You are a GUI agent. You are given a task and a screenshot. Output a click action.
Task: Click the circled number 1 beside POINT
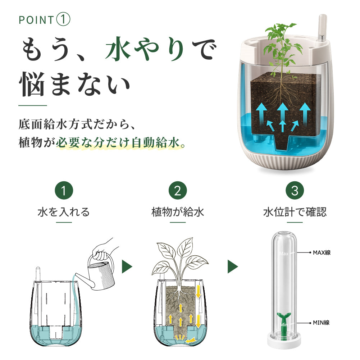[x=63, y=19]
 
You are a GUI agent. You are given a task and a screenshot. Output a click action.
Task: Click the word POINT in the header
[x=36, y=20]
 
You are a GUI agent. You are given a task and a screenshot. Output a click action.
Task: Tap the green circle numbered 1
[x=64, y=190]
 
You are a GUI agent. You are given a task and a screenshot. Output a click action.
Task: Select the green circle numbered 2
[x=178, y=190]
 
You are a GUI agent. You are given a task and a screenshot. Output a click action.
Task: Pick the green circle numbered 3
[x=295, y=190]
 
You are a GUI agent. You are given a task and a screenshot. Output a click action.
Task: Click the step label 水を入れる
[x=64, y=212]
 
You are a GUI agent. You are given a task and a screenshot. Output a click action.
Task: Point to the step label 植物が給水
[x=178, y=212]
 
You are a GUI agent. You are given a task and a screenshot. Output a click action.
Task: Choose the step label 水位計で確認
[x=295, y=212]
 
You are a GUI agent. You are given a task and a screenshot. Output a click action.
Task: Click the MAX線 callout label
[x=322, y=252]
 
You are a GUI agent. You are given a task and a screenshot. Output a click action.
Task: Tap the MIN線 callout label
[x=321, y=323]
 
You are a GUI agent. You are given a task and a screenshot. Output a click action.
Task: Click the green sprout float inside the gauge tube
[x=284, y=324]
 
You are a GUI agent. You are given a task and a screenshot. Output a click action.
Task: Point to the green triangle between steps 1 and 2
[x=127, y=266]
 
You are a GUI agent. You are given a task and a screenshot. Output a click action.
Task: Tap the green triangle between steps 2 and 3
[x=233, y=266]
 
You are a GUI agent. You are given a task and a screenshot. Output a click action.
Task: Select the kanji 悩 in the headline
[x=31, y=84]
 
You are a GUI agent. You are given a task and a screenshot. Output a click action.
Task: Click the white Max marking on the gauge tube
[x=284, y=254]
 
